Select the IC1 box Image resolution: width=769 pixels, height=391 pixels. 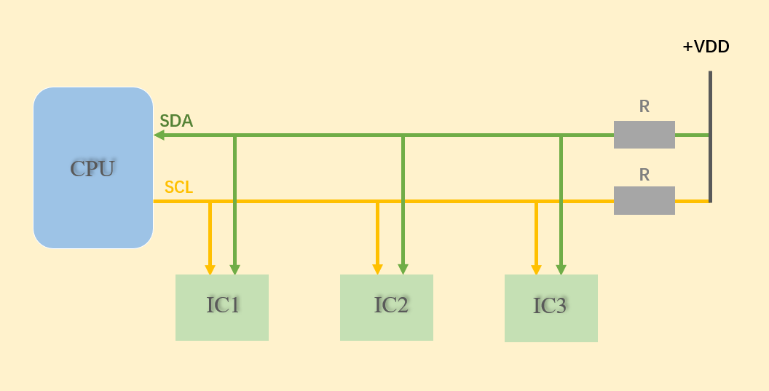coord(222,307)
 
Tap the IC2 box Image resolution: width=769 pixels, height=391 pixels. coord(387,307)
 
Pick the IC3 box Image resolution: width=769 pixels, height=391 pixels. coord(551,308)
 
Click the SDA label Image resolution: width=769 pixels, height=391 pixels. coord(176,122)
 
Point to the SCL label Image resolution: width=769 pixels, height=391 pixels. coord(178,187)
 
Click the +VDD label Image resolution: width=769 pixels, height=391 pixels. coord(706,47)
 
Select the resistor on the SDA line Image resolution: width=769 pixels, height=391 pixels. coord(644,135)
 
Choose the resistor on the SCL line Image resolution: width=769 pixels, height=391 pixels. coord(644,200)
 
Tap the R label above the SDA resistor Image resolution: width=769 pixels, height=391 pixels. coord(644,106)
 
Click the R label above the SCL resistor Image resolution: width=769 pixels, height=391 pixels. coord(644,175)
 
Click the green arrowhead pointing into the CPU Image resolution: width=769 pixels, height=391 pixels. coord(159,135)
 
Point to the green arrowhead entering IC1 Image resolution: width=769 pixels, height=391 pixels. coord(234,269)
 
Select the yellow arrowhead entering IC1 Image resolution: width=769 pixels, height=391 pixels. coord(210,269)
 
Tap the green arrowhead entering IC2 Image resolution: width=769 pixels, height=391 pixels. coord(403,269)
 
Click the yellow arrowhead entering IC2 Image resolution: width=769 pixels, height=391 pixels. coord(377,269)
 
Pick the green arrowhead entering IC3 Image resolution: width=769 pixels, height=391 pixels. coord(561,269)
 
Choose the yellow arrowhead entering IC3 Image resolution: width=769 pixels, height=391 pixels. coord(536,269)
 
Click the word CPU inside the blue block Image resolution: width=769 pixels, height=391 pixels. coord(92,169)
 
